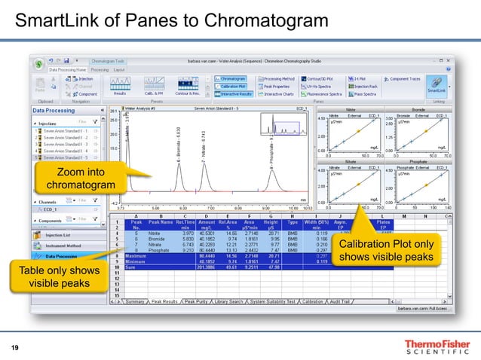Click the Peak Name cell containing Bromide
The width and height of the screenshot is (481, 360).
coord(161,238)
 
